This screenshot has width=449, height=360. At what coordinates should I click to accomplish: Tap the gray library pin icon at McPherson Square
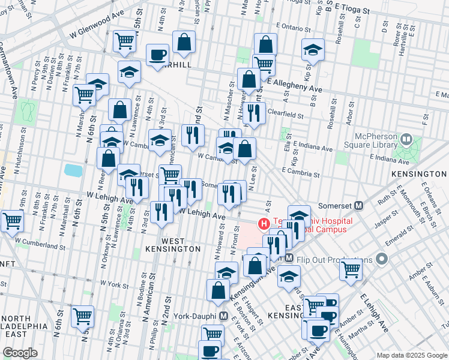[407, 141]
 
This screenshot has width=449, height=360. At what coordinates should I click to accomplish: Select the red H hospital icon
[263, 224]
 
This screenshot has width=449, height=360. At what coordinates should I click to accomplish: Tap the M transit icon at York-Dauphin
[223, 316]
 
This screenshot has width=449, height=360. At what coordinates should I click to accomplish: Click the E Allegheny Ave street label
[295, 85]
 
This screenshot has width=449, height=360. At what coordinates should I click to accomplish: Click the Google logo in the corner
[20, 352]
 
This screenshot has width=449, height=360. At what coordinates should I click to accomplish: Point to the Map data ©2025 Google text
[411, 355]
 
